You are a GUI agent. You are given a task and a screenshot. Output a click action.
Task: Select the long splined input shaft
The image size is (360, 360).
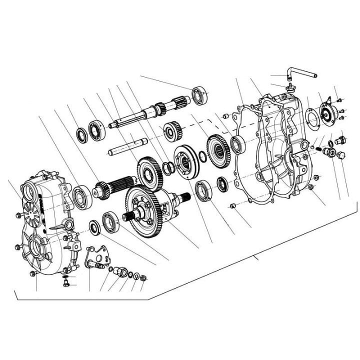click(x=140, y=114)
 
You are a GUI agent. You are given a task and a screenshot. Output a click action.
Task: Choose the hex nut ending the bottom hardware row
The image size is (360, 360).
click(x=143, y=277)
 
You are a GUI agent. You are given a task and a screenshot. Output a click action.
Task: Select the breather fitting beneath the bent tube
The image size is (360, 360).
click(x=288, y=88)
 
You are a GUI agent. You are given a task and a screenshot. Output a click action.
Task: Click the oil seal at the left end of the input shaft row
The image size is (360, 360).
click(x=81, y=134)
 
